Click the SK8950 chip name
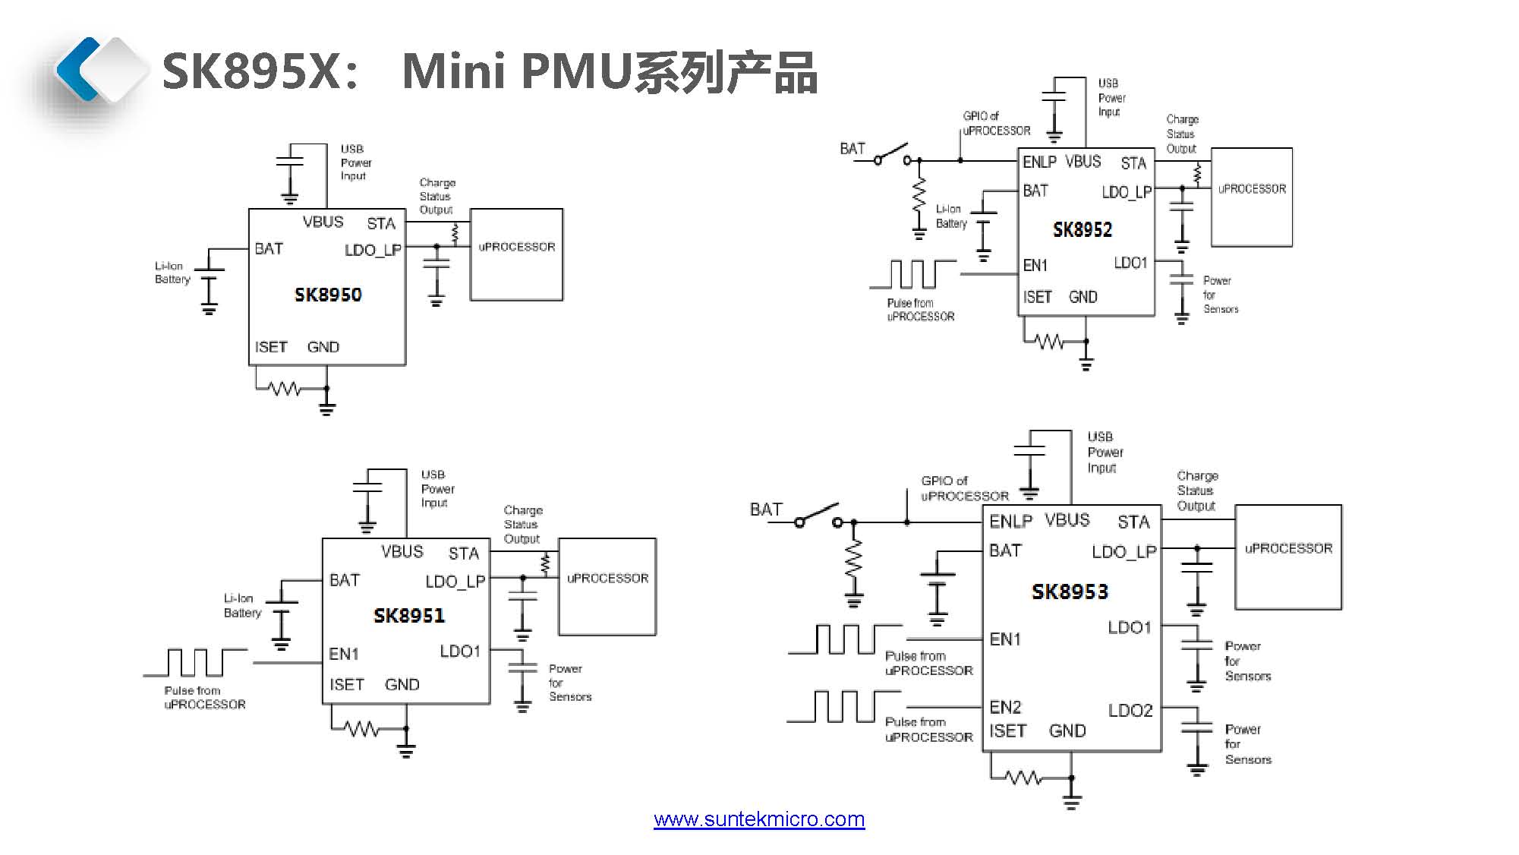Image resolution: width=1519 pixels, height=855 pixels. [x=328, y=295]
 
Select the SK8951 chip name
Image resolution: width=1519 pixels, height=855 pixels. [x=409, y=615]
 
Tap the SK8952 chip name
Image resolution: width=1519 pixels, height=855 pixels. [x=1083, y=229]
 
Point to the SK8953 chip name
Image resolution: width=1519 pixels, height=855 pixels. [x=1070, y=592]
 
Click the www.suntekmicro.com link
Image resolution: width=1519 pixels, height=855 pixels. [x=759, y=819]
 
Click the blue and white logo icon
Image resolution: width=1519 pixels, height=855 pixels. [x=99, y=70]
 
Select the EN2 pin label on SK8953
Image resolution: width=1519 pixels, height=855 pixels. [x=1005, y=707]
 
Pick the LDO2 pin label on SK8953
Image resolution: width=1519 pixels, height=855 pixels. [x=1130, y=710]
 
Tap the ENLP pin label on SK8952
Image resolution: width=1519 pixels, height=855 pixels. [x=1039, y=162]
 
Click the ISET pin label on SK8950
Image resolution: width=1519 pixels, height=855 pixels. [x=271, y=347]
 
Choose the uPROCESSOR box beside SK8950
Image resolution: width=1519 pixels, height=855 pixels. [x=516, y=254]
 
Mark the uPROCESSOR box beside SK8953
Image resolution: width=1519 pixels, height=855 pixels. [x=1288, y=557]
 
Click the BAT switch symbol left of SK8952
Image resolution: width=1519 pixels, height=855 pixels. [x=893, y=154]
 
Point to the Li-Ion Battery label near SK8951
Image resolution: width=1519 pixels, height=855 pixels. [x=242, y=605]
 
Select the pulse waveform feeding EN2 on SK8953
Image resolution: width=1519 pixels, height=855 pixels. [x=844, y=706]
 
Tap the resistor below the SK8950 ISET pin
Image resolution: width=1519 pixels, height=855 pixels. [x=285, y=389]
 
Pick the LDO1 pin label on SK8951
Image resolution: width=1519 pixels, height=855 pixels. [x=460, y=652]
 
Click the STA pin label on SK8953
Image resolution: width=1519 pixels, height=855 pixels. [x=1133, y=522]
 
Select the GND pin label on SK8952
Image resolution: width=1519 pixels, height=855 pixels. [x=1083, y=297]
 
